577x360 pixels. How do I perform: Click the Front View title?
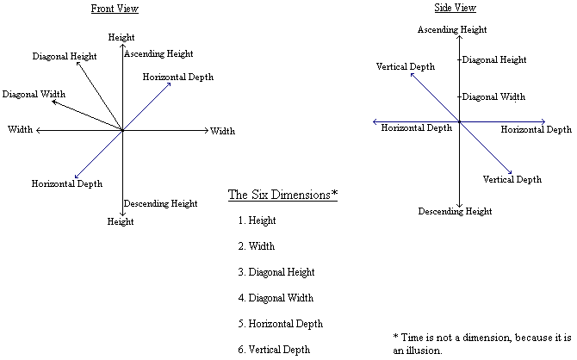pos(115,9)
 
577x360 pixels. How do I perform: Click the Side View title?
pos(456,8)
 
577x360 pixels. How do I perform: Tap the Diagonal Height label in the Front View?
pos(65,57)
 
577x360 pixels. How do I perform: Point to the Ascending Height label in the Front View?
pos(159,54)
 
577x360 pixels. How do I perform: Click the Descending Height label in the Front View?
pos(160,204)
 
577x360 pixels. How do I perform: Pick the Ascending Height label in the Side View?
pos(452,30)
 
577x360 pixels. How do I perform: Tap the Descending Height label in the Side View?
pos(455,212)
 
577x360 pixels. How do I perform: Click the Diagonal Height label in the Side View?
pos(494,60)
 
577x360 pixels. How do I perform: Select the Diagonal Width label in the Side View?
pos(493,97)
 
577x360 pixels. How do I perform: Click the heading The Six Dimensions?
pos(282,194)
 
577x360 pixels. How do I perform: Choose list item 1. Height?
pos(257,221)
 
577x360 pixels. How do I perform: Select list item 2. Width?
pos(257,247)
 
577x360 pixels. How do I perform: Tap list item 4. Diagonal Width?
pos(276,299)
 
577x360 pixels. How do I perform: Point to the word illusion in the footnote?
pos(413,351)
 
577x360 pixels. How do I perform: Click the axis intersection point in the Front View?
pos(122,131)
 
